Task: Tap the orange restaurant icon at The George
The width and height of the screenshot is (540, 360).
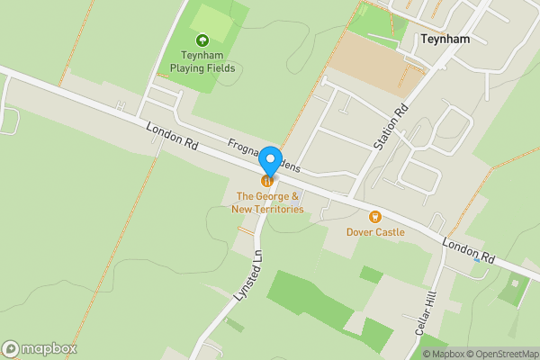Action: (267, 181)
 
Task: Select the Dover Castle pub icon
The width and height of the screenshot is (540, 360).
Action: (375, 216)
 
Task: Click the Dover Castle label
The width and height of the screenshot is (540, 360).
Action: (375, 232)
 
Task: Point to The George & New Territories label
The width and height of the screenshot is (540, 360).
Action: (267, 202)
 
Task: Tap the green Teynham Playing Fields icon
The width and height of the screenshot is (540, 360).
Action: (202, 40)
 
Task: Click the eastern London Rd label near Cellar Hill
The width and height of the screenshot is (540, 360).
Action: (469, 250)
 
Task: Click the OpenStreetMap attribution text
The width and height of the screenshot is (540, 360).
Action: (500, 354)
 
